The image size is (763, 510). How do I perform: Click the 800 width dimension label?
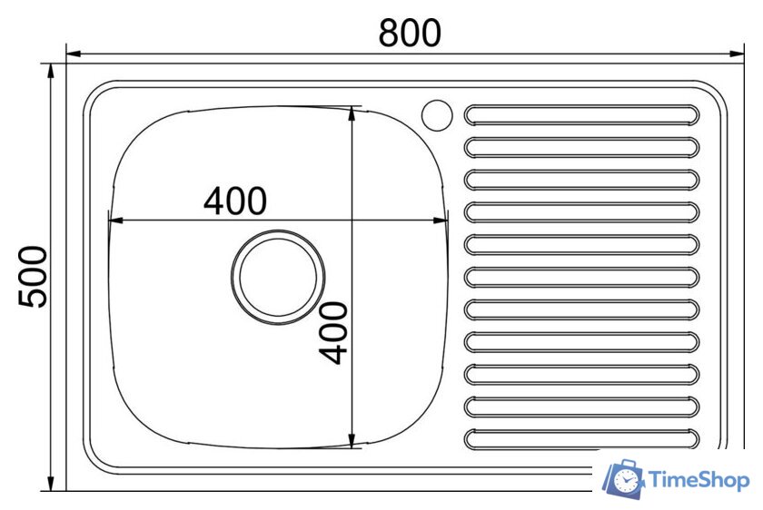point(410,33)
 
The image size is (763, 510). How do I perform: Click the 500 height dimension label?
point(33,277)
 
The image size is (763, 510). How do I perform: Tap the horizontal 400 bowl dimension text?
point(235,201)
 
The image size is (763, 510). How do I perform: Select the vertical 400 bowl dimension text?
point(333,332)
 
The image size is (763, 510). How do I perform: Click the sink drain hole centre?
point(278,277)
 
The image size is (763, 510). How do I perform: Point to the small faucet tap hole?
point(437,115)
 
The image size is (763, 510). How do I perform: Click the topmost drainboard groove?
point(581,115)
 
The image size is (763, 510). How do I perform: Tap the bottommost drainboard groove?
point(581,439)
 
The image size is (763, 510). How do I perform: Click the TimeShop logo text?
point(699,480)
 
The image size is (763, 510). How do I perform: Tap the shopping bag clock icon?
point(624,479)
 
